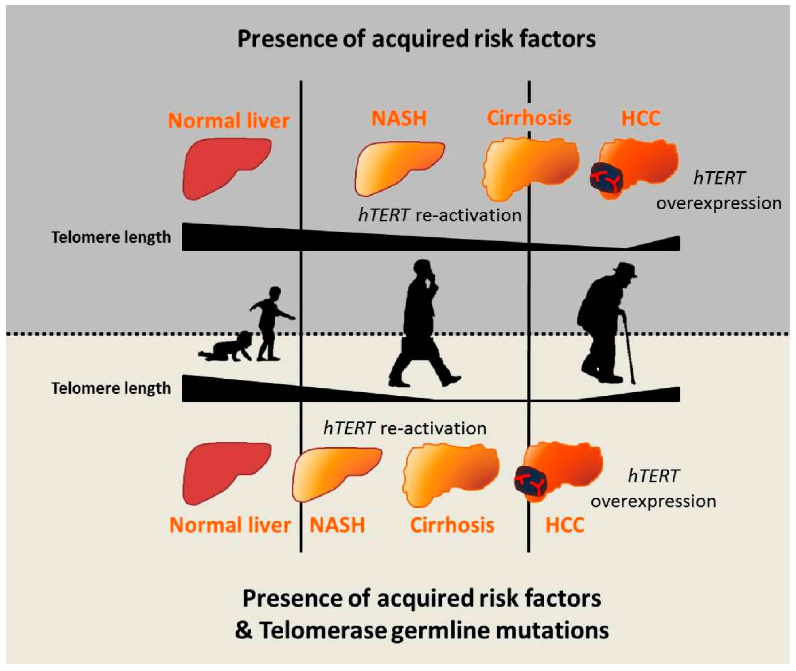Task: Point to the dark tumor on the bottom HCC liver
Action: [531, 481]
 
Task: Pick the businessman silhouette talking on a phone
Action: [420, 312]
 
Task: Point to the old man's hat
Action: [624, 270]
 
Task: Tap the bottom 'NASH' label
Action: [337, 525]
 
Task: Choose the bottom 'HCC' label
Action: [565, 525]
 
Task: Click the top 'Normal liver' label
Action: [228, 121]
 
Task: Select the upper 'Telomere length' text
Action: [111, 237]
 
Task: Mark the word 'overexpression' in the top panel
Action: [719, 204]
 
